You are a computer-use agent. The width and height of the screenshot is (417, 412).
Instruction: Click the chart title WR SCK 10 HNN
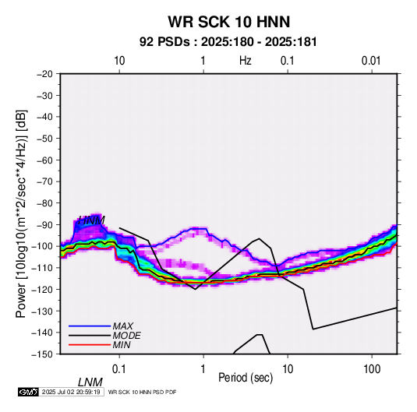[x=228, y=22]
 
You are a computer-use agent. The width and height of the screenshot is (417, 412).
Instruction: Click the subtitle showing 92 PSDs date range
[x=228, y=42]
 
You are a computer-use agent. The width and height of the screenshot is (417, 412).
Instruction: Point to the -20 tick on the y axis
[x=44, y=74]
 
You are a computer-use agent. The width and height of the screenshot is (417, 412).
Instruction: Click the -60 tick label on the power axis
[x=44, y=160]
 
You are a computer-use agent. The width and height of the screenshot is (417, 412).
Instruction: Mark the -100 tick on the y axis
[x=43, y=246]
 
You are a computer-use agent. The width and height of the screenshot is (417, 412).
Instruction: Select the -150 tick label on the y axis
[x=43, y=354]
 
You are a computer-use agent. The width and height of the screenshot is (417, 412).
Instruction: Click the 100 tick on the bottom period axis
[x=372, y=369]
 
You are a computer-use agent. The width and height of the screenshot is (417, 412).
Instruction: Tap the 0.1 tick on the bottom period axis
[x=119, y=369]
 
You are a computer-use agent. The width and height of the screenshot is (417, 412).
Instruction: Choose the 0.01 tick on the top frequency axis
[x=371, y=61]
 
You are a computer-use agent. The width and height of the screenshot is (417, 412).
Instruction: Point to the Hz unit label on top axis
[x=246, y=61]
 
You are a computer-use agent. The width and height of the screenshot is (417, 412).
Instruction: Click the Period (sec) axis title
[x=246, y=378]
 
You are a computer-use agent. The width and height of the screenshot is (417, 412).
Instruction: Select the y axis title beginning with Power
[x=21, y=213]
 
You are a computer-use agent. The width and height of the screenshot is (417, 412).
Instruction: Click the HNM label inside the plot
[x=91, y=220]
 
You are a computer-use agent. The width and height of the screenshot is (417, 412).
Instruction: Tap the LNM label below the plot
[x=90, y=382]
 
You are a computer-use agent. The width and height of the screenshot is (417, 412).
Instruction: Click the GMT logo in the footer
[x=29, y=392]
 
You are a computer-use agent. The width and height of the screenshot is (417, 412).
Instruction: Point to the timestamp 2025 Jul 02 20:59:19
[x=71, y=392]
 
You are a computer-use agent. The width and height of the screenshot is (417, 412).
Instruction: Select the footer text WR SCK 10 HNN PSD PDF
[x=143, y=392]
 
